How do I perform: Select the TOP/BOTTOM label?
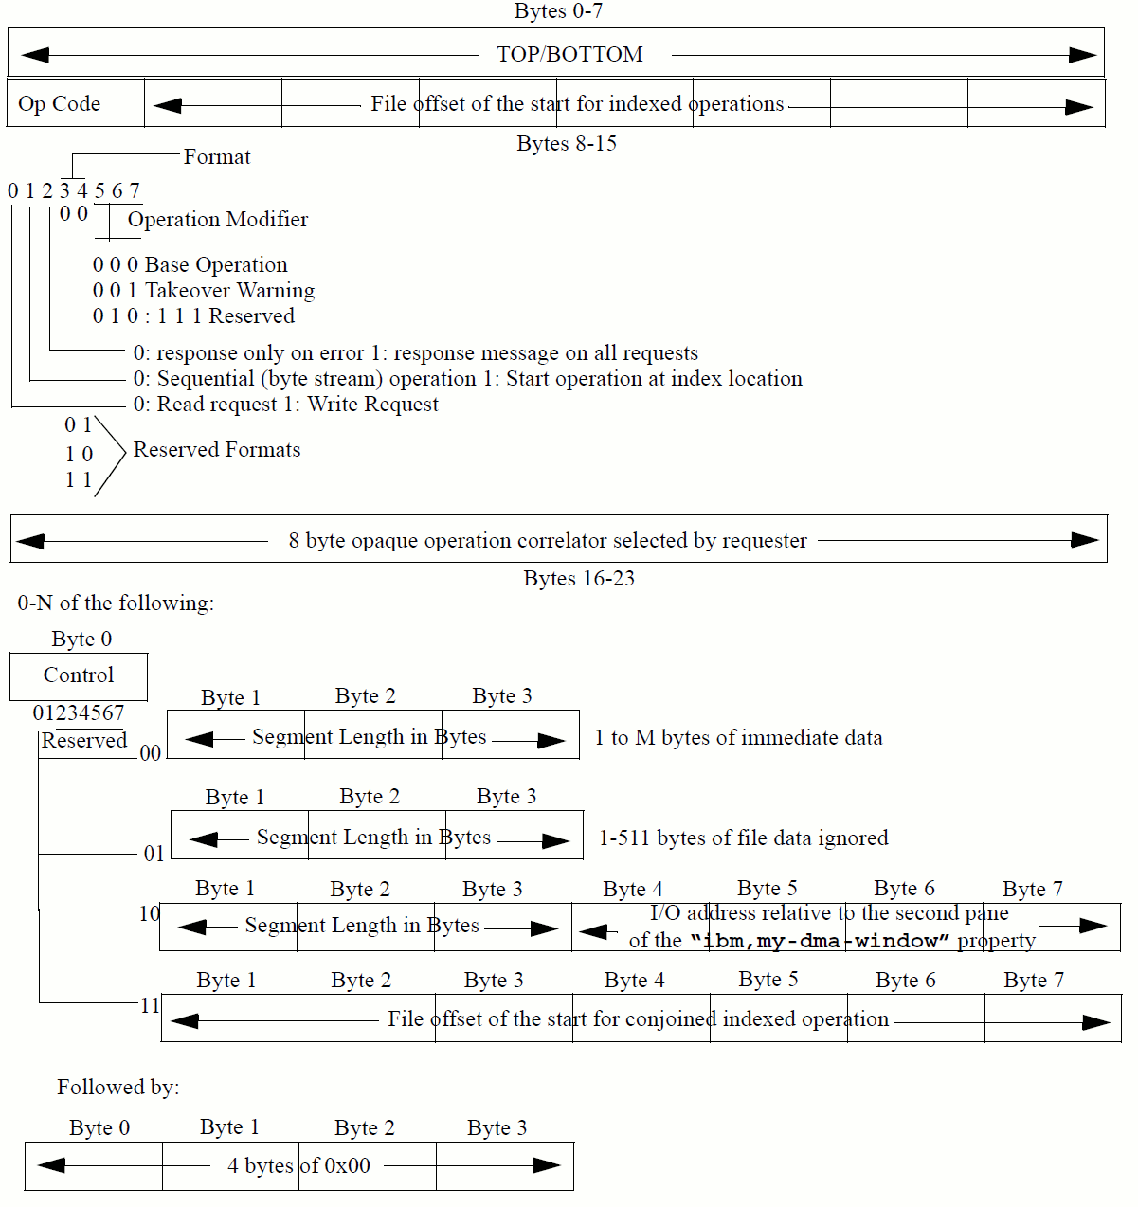click(x=569, y=54)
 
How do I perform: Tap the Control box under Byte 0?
click(x=79, y=676)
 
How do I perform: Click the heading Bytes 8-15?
click(x=567, y=144)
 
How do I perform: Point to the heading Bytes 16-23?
click(x=578, y=579)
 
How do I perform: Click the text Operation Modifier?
click(x=218, y=220)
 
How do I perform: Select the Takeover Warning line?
click(x=204, y=291)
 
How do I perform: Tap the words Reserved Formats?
click(x=216, y=450)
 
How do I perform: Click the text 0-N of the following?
click(x=116, y=603)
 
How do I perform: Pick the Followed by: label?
click(x=117, y=1087)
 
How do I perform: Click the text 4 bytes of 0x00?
click(x=298, y=1166)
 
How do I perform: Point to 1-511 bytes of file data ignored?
click(x=744, y=838)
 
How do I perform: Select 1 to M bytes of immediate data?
click(x=738, y=738)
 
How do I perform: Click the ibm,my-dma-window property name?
click(x=820, y=941)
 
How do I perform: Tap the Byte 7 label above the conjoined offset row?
click(x=1034, y=980)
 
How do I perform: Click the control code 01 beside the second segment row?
click(x=154, y=854)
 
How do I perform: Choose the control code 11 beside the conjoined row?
click(x=150, y=1005)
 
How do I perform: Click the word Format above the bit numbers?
click(x=217, y=157)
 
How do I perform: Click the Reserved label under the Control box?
click(x=83, y=741)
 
